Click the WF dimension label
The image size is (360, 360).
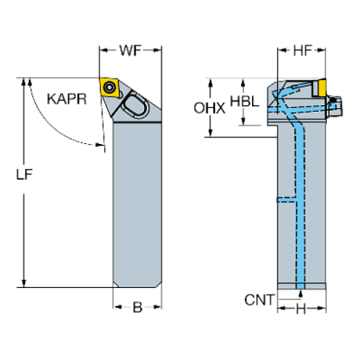coord(130,51)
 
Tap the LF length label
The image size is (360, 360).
coord(24,175)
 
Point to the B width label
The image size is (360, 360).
coord(137,307)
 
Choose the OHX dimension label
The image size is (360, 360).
coord(209,108)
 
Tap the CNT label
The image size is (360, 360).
coord(259,299)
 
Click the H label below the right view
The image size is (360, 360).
coord(300,309)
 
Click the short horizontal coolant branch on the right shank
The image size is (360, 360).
coord(287,199)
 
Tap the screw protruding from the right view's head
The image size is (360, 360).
coord(336,106)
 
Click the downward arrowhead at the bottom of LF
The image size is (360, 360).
coord(24,284)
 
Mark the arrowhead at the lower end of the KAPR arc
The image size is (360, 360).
coord(101,143)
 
